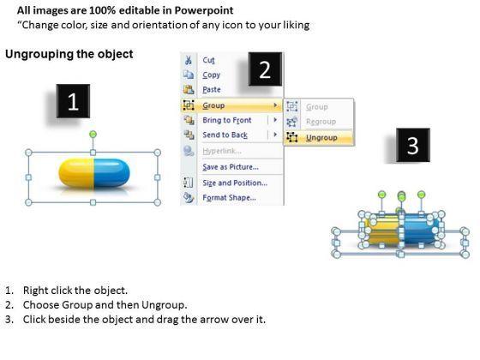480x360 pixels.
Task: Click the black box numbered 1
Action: (x=73, y=101)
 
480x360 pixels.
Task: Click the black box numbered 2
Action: (x=265, y=69)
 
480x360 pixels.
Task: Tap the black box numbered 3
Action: (x=413, y=145)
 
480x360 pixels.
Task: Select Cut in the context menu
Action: (x=208, y=60)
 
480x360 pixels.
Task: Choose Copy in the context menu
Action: (x=211, y=75)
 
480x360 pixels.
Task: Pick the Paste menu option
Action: (x=212, y=90)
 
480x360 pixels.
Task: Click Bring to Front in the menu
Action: (x=227, y=120)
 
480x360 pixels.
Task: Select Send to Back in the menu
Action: (x=225, y=135)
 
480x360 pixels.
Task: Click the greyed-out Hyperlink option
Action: (x=222, y=151)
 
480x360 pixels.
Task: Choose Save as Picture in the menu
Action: (x=231, y=167)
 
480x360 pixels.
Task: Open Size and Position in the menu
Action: (x=235, y=183)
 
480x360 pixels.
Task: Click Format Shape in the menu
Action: (x=230, y=198)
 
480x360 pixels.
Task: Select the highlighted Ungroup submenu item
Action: (x=321, y=138)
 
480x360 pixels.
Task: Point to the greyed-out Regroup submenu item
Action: (x=321, y=122)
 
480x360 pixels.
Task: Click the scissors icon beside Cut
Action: (x=189, y=60)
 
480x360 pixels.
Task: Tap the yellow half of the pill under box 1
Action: (x=76, y=173)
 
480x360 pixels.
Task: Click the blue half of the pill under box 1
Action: (x=111, y=173)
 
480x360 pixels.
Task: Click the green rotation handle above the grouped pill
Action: (x=93, y=134)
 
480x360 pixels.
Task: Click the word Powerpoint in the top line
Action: (x=204, y=10)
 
